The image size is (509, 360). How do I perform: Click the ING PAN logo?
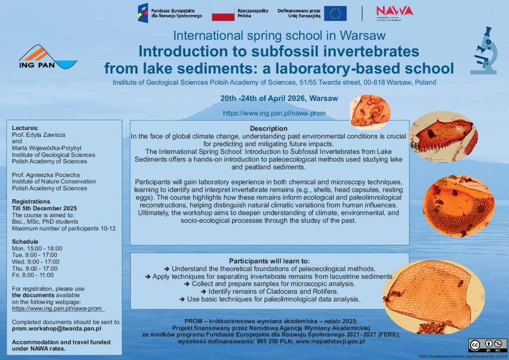[x=48, y=58]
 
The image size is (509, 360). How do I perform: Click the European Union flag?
[x=335, y=13]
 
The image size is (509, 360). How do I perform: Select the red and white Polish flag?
[x=223, y=13]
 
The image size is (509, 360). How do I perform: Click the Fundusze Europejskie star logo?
[x=143, y=12]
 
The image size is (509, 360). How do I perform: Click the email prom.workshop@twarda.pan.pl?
[x=57, y=329]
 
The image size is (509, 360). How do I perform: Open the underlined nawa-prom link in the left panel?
[x=57, y=308]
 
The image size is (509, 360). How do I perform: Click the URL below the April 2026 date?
[x=274, y=113]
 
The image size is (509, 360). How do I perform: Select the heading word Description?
[x=268, y=128]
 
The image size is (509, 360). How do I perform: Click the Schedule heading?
[x=25, y=242]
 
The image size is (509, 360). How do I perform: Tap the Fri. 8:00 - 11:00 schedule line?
[x=33, y=275]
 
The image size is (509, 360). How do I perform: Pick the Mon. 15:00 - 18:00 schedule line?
[x=37, y=248]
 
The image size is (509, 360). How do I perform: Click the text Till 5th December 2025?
[x=44, y=208]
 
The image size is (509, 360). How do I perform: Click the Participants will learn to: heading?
[x=269, y=261]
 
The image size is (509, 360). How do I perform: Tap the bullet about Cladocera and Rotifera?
[x=269, y=291]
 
